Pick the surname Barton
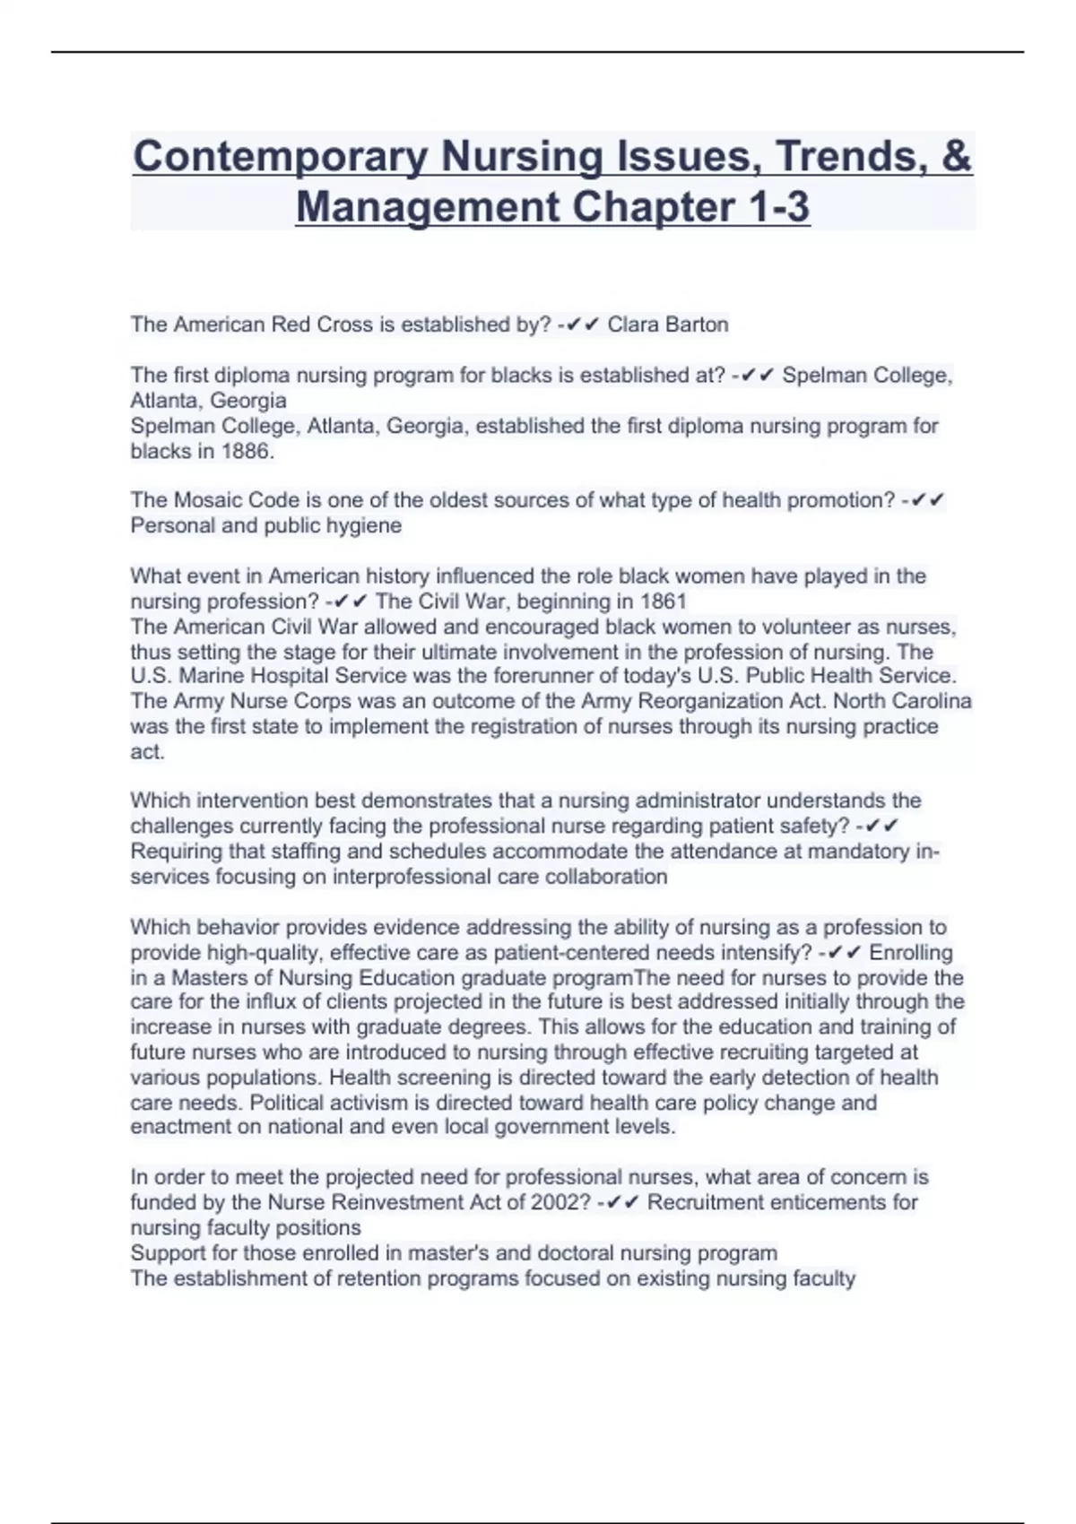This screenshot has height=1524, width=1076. (x=698, y=325)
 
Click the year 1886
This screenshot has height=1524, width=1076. (x=245, y=451)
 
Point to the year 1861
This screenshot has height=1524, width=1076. (x=663, y=601)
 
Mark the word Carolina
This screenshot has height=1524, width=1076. (x=933, y=701)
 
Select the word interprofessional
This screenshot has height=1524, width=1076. (x=410, y=877)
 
